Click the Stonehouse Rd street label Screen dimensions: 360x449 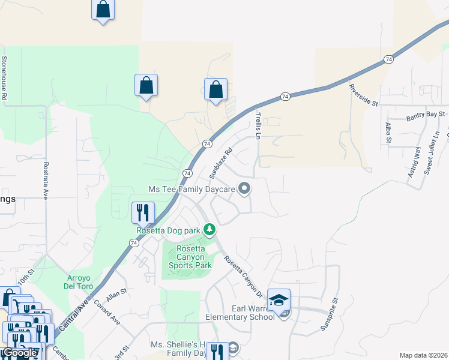[x=4, y=78]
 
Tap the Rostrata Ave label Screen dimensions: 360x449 [x=45, y=180]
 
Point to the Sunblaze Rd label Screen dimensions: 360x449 [x=220, y=164]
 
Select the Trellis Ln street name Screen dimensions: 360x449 [x=258, y=125]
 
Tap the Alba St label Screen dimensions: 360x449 [x=388, y=133]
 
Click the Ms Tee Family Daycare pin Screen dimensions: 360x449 [x=244, y=189]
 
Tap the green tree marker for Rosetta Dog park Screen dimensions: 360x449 [x=209, y=229]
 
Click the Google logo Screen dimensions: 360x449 [x=19, y=353]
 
